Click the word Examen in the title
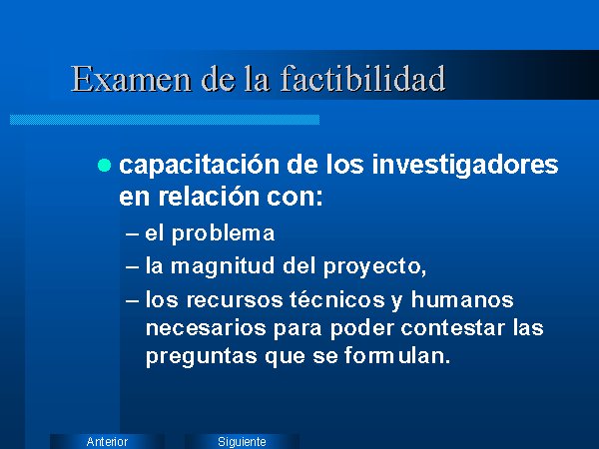[131, 79]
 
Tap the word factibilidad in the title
[363, 78]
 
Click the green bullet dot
[104, 166]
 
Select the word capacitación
[200, 166]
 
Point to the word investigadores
[465, 166]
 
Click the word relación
[209, 197]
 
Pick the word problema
[223, 233]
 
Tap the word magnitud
[223, 266]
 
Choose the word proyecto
[372, 266]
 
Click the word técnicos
[337, 299]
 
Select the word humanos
[462, 299]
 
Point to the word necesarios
[206, 328]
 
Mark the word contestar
[452, 327]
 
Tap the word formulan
[396, 355]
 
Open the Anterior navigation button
[107, 441]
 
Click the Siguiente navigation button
[242, 441]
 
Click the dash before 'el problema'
[132, 234]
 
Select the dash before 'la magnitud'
[132, 266]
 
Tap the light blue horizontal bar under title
[165, 120]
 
